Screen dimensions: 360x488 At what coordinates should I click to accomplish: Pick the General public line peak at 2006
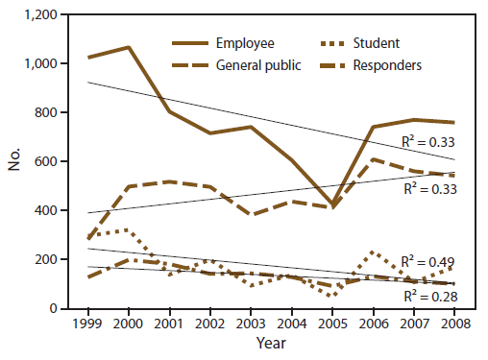tap(373, 159)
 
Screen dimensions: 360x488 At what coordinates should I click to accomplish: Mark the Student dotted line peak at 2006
tap(373, 252)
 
